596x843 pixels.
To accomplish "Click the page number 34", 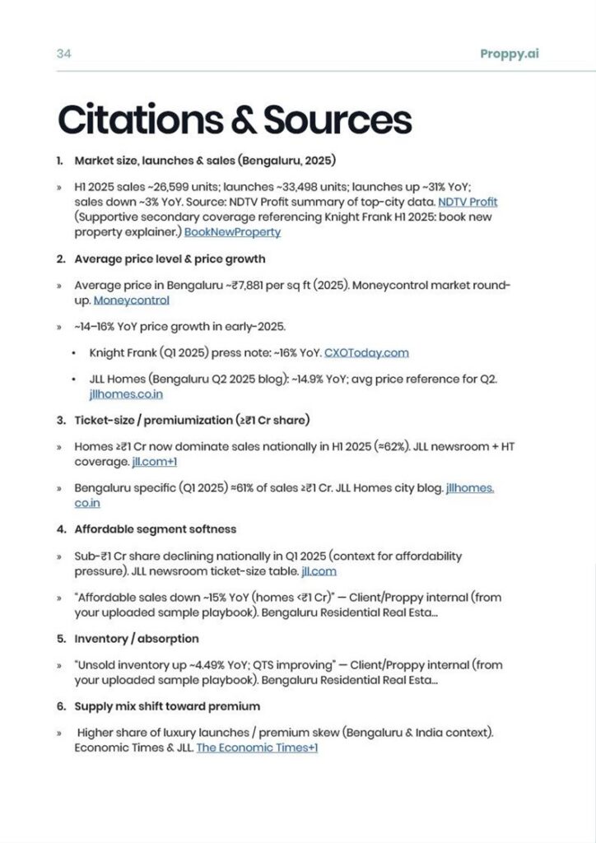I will (x=63, y=54).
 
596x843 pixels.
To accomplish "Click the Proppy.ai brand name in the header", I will (x=510, y=54).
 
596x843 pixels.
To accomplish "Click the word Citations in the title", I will (x=137, y=120).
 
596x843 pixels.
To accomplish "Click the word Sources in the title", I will (x=337, y=120).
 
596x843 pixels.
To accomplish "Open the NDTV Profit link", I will (x=467, y=202).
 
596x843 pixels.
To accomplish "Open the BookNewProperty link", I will (x=232, y=232).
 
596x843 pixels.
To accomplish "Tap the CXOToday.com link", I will (x=366, y=352).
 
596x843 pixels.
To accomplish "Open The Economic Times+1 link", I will (x=257, y=748).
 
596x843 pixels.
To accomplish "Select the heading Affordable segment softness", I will (x=155, y=529).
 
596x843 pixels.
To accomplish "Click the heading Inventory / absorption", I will (x=136, y=638).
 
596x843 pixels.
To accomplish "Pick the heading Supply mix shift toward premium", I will (x=167, y=706).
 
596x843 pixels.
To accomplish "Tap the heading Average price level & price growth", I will (x=170, y=258).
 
